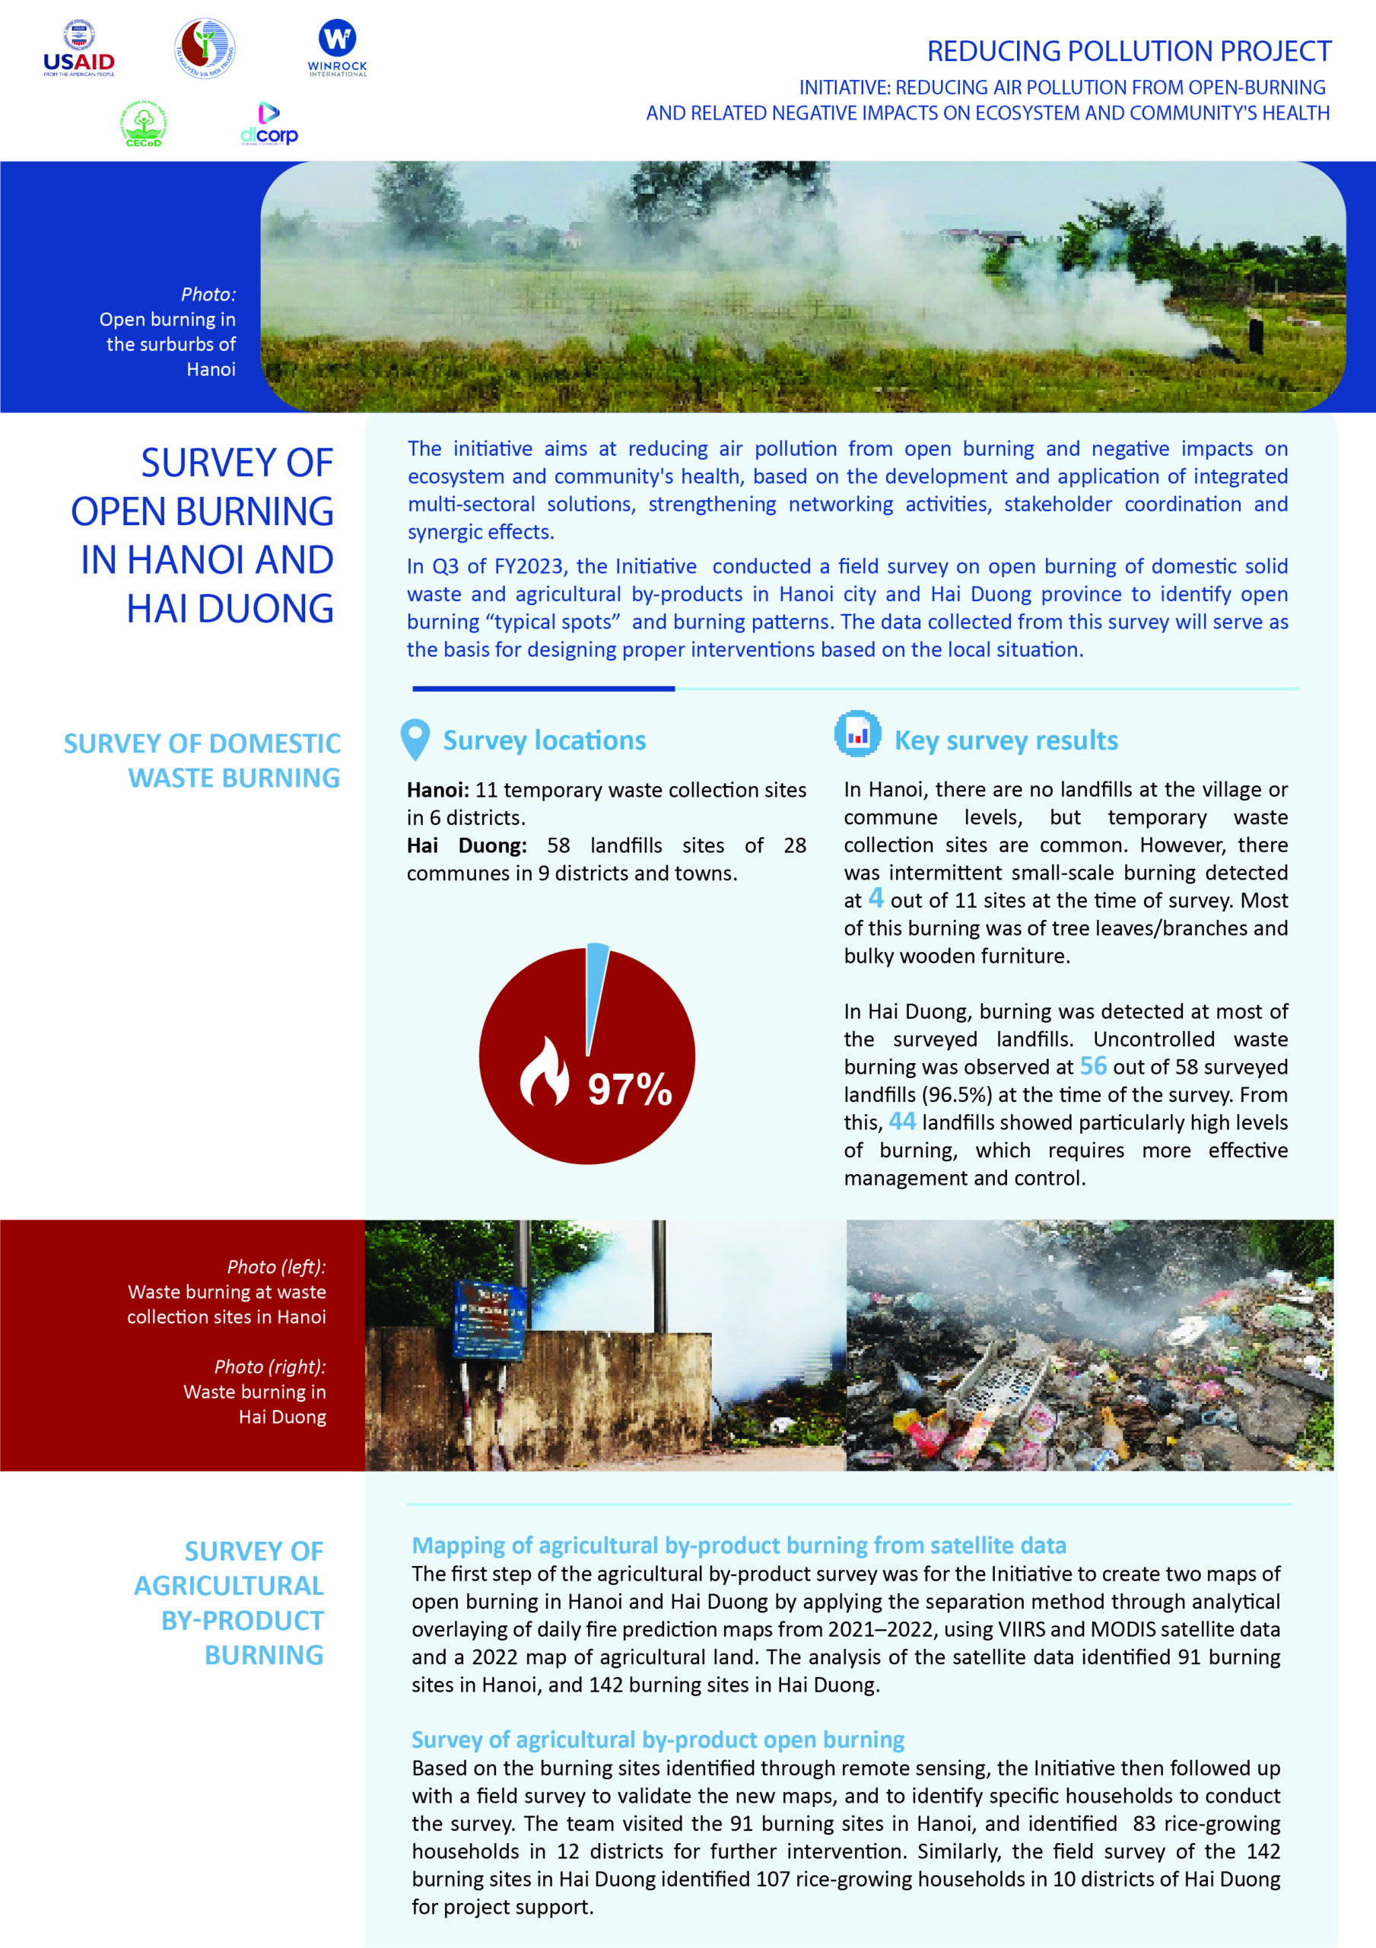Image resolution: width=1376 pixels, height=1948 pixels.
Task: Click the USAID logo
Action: pyautogui.click(x=79, y=49)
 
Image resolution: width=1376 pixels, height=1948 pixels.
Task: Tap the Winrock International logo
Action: pyautogui.click(x=337, y=49)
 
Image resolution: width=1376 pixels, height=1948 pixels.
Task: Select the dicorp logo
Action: pyautogui.click(x=269, y=125)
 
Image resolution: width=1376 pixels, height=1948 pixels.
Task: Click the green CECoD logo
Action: pyautogui.click(x=143, y=125)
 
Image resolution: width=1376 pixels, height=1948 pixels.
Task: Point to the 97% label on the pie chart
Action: pyautogui.click(x=630, y=1090)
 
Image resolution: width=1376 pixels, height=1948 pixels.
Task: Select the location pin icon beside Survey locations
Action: pyautogui.click(x=415, y=739)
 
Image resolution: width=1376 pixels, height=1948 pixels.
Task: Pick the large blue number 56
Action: pyautogui.click(x=1092, y=1065)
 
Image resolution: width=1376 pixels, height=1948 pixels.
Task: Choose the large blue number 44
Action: pyautogui.click(x=902, y=1122)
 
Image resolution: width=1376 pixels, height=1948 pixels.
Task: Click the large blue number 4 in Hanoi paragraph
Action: pyautogui.click(x=875, y=899)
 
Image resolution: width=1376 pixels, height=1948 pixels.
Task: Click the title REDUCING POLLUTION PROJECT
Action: pyautogui.click(x=1128, y=52)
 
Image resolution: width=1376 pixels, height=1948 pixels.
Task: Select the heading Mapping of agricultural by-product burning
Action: pyautogui.click(x=738, y=1545)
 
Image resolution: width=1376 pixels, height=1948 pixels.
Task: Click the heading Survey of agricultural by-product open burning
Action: pyautogui.click(x=657, y=1740)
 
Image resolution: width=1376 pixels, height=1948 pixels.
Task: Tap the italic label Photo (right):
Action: pyautogui.click(x=270, y=1367)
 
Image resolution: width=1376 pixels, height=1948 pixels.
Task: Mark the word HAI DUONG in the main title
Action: pyautogui.click(x=230, y=608)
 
